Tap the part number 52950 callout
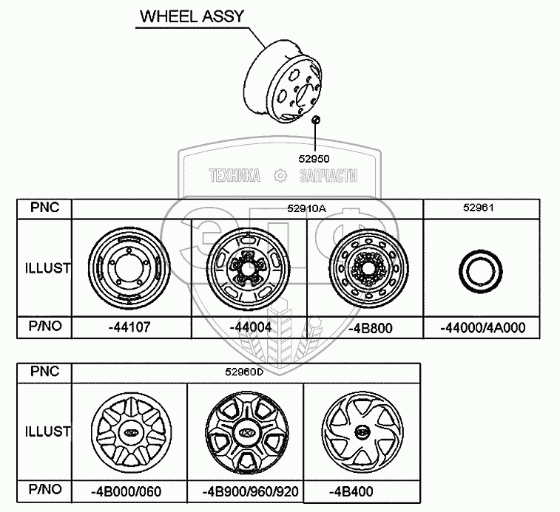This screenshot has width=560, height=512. point(314,158)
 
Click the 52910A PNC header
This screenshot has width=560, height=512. point(306,209)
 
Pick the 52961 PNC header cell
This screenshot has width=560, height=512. point(478,209)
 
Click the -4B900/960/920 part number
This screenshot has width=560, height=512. point(245,491)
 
